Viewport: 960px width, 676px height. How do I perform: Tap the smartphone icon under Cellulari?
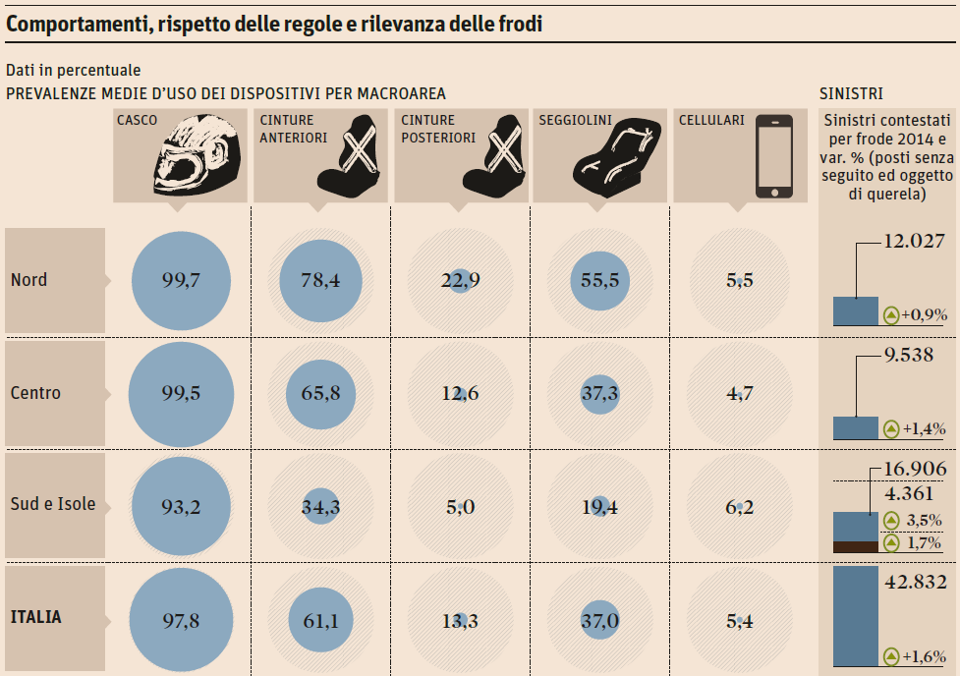click(x=773, y=155)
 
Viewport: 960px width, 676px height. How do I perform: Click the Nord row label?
click(x=29, y=280)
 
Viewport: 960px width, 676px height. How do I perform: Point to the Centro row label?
click(x=36, y=393)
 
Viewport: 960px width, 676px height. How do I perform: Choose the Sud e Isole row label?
click(x=53, y=504)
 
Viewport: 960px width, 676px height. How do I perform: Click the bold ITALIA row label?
click(x=36, y=617)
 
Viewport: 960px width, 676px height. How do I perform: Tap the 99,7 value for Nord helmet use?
click(x=181, y=281)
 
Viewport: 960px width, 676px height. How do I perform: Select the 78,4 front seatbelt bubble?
click(x=320, y=281)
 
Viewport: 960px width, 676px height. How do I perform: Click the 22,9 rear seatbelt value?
click(x=460, y=281)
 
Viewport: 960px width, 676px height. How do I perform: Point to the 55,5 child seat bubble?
click(x=599, y=281)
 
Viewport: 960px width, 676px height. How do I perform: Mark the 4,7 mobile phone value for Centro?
click(x=739, y=394)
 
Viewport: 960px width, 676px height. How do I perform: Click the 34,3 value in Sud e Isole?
click(x=320, y=507)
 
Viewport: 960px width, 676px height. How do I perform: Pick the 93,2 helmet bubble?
click(x=181, y=507)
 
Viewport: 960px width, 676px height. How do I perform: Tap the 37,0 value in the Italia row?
click(x=599, y=620)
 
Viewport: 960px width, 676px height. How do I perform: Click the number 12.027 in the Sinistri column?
click(x=914, y=241)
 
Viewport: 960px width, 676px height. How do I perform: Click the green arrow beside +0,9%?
click(x=891, y=315)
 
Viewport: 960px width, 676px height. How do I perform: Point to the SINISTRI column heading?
click(x=851, y=93)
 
